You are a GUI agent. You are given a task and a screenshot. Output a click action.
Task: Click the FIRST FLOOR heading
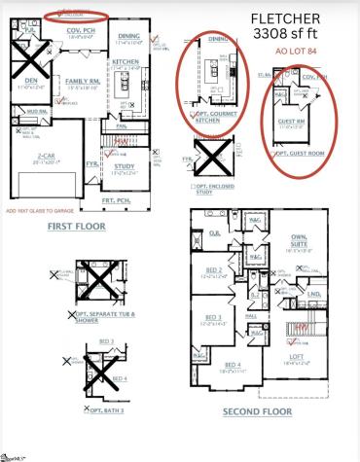pos(76,225)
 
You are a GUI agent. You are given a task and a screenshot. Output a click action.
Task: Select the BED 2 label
pos(214,269)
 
